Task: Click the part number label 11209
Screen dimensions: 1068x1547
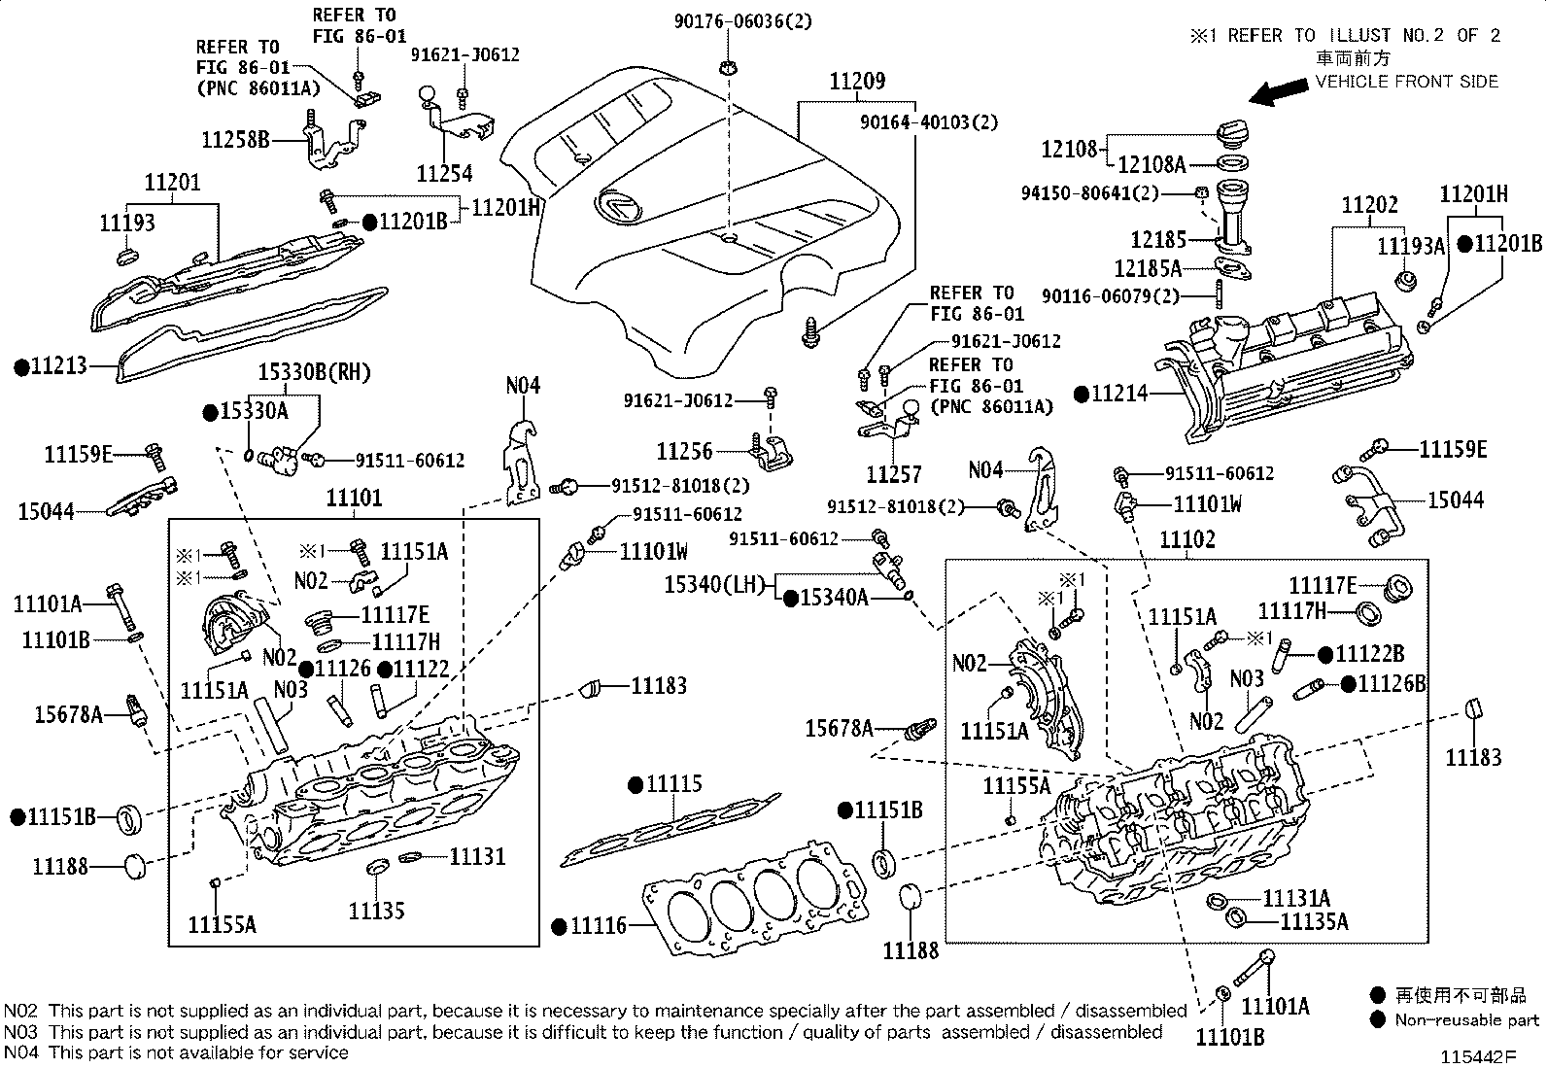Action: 856,82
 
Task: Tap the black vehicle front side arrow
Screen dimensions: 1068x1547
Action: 1278,91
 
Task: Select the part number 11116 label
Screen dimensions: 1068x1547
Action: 598,926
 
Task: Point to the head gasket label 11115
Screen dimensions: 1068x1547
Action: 674,784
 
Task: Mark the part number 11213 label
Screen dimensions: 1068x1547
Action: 58,366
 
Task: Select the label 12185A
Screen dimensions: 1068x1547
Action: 1148,268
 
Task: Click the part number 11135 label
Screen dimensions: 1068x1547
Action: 376,911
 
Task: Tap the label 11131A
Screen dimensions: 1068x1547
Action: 1296,899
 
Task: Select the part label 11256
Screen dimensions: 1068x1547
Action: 684,451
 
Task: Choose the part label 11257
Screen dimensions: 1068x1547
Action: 894,474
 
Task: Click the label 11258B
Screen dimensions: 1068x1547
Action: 235,139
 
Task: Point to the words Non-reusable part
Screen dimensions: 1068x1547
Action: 1466,1020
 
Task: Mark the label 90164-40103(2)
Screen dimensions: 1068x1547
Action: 928,122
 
